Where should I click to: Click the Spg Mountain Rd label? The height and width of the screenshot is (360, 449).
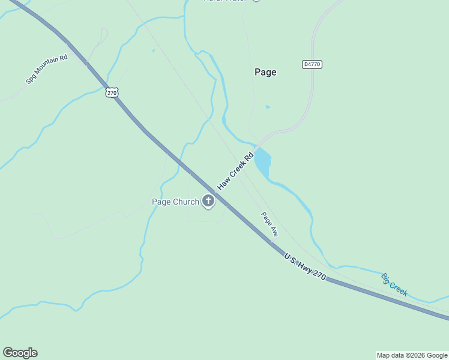[46, 70]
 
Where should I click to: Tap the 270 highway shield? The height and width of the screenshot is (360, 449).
[112, 92]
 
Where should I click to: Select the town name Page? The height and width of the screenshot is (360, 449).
[265, 72]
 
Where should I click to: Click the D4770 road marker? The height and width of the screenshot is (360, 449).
[312, 64]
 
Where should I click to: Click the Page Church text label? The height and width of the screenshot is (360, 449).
[175, 202]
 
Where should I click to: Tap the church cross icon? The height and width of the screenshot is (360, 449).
[208, 201]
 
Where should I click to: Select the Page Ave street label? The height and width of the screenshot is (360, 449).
[270, 223]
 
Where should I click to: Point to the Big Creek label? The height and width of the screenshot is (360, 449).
[394, 284]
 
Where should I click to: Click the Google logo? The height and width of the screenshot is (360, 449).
[20, 353]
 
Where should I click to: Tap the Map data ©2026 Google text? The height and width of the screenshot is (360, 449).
[412, 355]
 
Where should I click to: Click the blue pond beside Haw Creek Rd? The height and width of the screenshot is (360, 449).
[262, 163]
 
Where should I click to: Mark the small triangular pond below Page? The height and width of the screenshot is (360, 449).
[267, 107]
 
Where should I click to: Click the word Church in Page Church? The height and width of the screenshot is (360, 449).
[185, 202]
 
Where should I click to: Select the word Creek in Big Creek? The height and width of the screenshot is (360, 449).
[399, 288]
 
